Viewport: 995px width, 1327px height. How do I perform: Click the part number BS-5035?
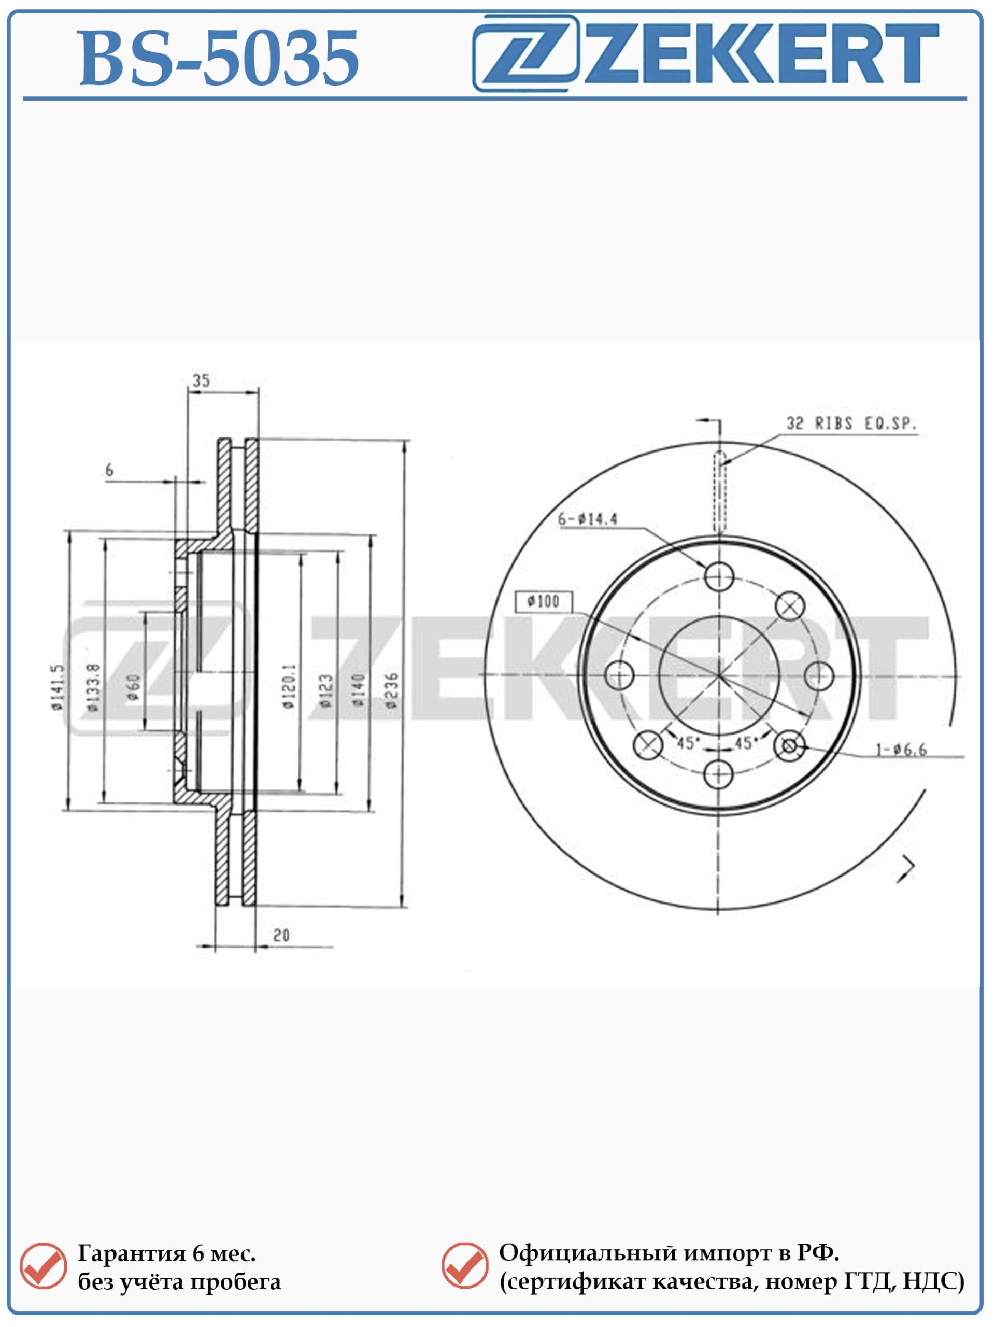point(219,59)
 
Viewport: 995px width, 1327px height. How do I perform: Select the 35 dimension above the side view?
point(201,380)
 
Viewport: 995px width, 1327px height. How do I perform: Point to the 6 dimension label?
point(109,470)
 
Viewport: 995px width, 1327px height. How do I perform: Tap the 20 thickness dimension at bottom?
point(281,935)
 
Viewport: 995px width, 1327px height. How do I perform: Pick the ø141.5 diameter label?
point(58,687)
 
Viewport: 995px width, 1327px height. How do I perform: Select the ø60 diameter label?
point(133,687)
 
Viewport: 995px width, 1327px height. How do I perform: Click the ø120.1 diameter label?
point(289,686)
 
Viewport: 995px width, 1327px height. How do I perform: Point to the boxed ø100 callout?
point(544,601)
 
